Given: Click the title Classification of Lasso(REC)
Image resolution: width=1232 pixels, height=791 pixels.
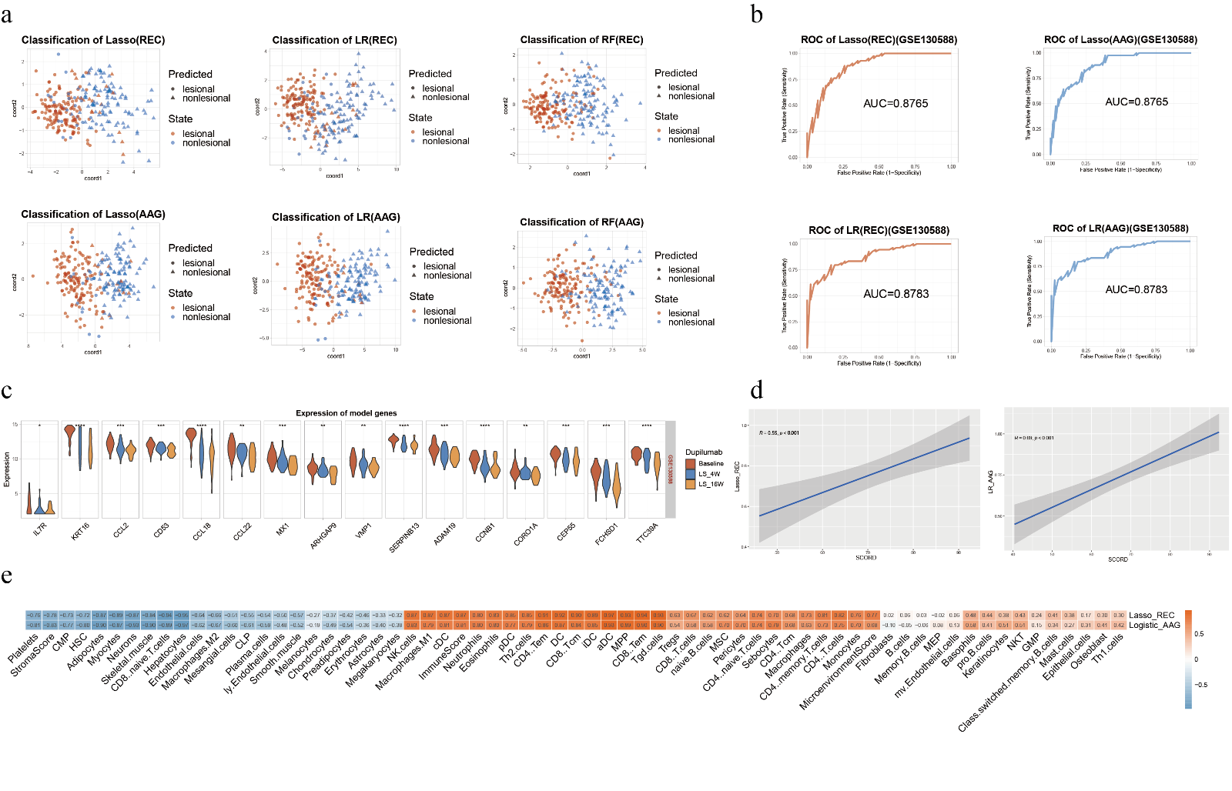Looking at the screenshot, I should (x=93, y=40).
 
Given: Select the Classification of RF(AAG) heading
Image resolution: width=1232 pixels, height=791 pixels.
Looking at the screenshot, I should (x=581, y=222).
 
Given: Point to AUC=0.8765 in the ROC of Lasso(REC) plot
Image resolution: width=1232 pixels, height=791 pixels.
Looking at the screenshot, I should (x=896, y=103).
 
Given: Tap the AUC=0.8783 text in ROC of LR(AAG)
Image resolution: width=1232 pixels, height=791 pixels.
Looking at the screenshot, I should (x=1136, y=289).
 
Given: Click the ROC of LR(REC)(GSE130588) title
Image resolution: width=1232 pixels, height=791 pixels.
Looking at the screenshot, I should (x=879, y=230).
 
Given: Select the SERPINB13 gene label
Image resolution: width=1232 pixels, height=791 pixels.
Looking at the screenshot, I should (x=404, y=537).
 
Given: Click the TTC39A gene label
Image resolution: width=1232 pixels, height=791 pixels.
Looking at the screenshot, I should (x=647, y=533).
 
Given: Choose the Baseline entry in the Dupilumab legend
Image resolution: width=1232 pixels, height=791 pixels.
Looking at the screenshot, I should (x=710, y=464).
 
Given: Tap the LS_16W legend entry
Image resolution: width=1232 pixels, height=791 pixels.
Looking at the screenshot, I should (x=710, y=484).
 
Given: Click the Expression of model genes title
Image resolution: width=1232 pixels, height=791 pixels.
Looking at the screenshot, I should (x=346, y=413).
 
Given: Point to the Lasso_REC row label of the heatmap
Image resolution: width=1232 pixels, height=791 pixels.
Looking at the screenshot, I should (x=1151, y=616).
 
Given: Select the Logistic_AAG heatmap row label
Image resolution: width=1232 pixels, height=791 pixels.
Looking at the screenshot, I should (x=1154, y=625).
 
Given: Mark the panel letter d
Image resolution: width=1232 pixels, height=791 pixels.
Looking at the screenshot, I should (x=756, y=390).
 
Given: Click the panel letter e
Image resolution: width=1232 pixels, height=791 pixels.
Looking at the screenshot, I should (x=7, y=576).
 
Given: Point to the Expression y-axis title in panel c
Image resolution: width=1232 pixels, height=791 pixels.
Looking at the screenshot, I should (x=7, y=469).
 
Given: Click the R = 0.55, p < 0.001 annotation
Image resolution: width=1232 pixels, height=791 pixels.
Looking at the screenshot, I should (x=779, y=433).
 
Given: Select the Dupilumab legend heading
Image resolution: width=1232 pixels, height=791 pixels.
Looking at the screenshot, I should (x=704, y=452).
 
